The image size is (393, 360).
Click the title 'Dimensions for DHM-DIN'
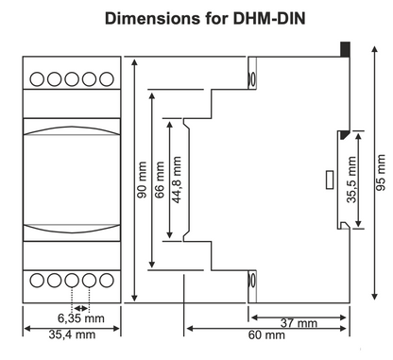(x=205, y=19)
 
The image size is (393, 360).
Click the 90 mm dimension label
(x=143, y=180)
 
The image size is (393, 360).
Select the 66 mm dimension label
(x=160, y=180)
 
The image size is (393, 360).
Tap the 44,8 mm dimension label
(x=177, y=180)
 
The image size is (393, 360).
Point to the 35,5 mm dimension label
(x=351, y=180)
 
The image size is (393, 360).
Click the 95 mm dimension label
(x=381, y=172)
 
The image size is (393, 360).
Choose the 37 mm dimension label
(x=299, y=323)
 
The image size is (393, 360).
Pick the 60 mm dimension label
(x=266, y=334)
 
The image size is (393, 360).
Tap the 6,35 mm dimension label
(x=81, y=318)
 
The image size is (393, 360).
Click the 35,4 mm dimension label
(x=72, y=334)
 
